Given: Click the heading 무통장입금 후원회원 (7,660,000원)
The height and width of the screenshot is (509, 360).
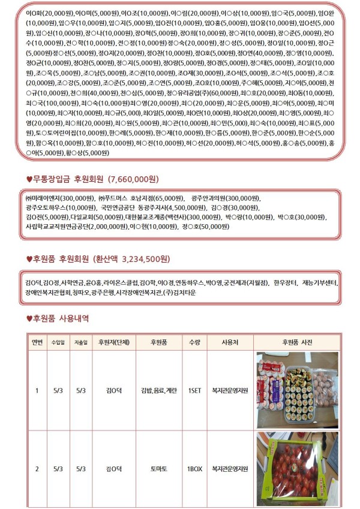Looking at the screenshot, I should click(97, 179).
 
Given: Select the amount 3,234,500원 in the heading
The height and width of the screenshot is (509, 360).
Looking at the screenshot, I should click(146, 259).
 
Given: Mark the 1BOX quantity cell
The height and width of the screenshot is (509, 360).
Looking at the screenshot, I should click(194, 468).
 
